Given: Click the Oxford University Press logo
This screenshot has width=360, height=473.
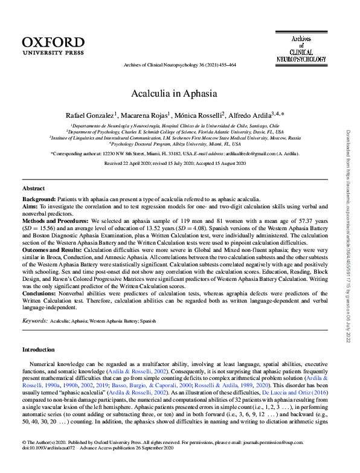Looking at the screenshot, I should [x=53, y=45].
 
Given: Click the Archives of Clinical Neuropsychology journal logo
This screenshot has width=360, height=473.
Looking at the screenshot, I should [x=301, y=49].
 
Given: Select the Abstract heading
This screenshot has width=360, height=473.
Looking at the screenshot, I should [x=33, y=188].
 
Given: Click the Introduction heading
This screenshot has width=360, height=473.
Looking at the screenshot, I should [x=39, y=350].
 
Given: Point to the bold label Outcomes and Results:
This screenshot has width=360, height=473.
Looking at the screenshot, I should [x=52, y=249].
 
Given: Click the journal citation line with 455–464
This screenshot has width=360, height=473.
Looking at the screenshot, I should [x=179, y=65].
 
